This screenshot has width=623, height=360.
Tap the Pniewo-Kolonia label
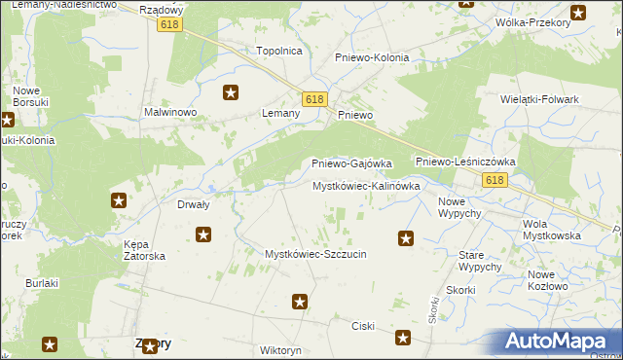(372, 57)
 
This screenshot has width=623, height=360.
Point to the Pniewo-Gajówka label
(351, 163)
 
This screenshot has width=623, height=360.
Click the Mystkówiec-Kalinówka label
(366, 185)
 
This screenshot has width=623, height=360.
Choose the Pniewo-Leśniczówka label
(465, 162)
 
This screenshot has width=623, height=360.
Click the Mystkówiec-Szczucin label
(315, 254)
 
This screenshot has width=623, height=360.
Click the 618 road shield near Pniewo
(313, 100)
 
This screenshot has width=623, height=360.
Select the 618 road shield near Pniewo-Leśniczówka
(495, 181)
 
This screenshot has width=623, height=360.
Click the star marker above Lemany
(231, 93)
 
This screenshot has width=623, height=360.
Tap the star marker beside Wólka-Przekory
(578, 14)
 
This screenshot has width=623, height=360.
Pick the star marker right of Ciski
(404, 338)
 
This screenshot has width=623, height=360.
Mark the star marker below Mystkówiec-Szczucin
(301, 303)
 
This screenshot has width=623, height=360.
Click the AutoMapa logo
(561, 342)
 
